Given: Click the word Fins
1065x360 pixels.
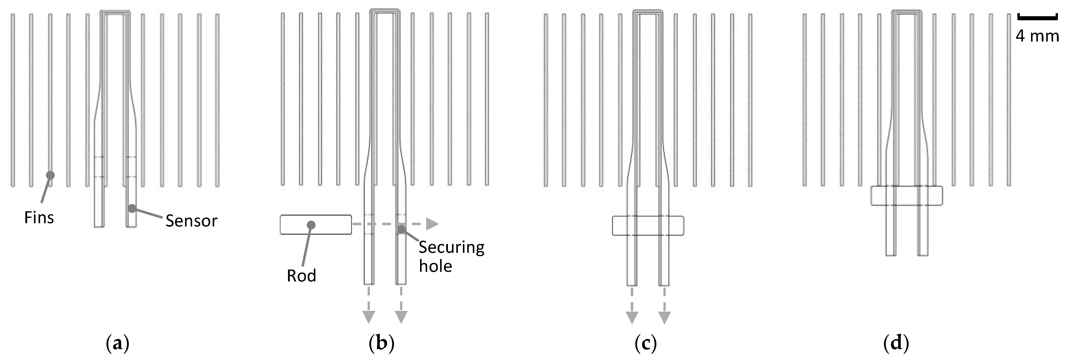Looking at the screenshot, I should [x=39, y=217].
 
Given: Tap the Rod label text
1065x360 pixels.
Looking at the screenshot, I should [x=301, y=276].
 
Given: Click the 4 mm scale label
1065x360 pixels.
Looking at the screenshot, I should [x=1037, y=36].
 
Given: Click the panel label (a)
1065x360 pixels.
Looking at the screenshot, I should [x=117, y=343].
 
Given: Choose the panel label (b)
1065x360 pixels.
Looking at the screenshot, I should [x=381, y=343].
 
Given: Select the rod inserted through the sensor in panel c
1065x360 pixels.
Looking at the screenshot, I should [x=648, y=225].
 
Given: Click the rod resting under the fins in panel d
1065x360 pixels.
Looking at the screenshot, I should [x=907, y=196].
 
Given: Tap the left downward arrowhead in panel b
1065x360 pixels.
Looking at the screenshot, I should [x=368, y=317].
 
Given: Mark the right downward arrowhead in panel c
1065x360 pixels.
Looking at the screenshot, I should [x=664, y=317].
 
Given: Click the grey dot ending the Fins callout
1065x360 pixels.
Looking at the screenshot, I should [x=50, y=175].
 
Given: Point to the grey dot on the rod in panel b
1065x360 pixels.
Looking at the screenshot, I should [x=311, y=224].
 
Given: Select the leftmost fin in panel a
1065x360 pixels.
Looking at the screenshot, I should [x=13, y=99].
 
